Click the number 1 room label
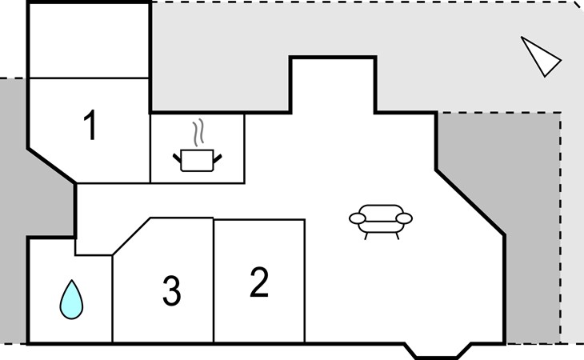(90, 125)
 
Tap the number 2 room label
(259, 282)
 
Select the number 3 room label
(172, 290)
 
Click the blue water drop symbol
(71, 299)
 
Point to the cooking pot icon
(197, 161)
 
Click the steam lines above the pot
(198, 132)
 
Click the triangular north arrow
(541, 57)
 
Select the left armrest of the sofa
(357, 218)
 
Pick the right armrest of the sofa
(404, 218)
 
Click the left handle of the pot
(177, 158)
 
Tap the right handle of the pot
(218, 158)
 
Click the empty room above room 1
(90, 41)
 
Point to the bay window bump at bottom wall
(438, 350)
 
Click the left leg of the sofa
(366, 236)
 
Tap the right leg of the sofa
(398, 236)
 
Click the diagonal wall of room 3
(131, 237)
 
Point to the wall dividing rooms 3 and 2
(214, 280)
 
